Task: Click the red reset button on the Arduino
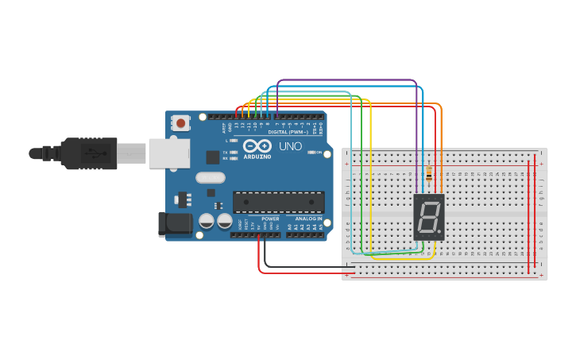pos(181,123)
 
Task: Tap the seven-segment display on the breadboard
pos(428,217)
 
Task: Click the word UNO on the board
pos(290,146)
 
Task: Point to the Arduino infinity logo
pos(257,146)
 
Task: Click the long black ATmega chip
pos(278,202)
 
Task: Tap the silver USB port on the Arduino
pos(168,153)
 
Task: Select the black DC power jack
pos(174,224)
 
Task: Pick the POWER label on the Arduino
pos(270,219)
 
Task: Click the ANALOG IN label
pos(308,219)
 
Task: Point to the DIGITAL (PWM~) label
pos(288,132)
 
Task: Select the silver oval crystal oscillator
pos(210,178)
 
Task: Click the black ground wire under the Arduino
pos(302,266)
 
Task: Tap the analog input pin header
pos(306,235)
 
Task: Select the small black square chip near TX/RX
pos(212,157)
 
